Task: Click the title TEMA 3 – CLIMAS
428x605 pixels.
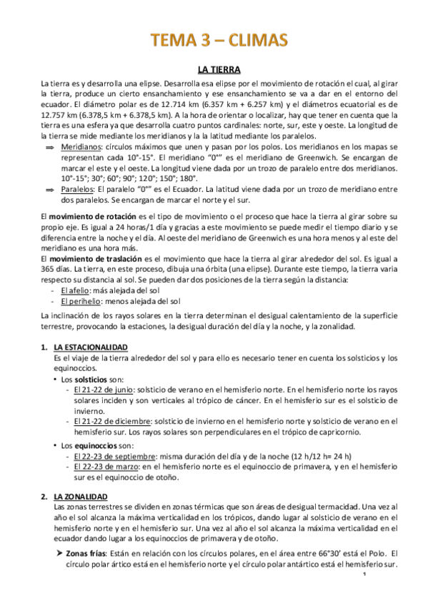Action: click(214, 41)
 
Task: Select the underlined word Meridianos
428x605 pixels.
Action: click(80, 146)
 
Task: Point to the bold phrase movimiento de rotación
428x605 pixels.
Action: click(89, 215)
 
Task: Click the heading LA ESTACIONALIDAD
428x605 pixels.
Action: click(91, 347)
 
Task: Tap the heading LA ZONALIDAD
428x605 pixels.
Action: click(81, 496)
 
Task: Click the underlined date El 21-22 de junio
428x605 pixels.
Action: click(103, 390)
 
